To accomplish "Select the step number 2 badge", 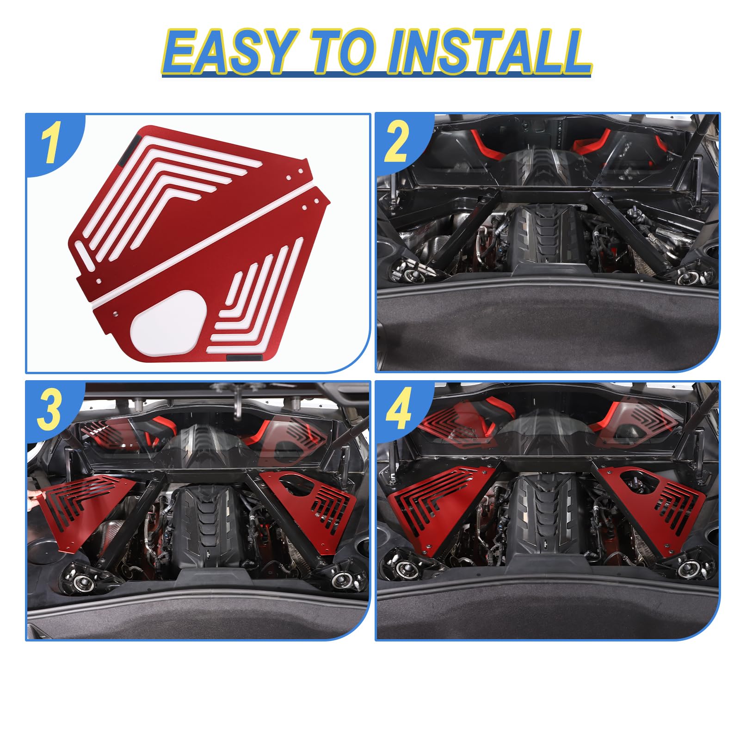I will tap(397, 141).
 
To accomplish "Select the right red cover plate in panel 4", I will tap(657, 509).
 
